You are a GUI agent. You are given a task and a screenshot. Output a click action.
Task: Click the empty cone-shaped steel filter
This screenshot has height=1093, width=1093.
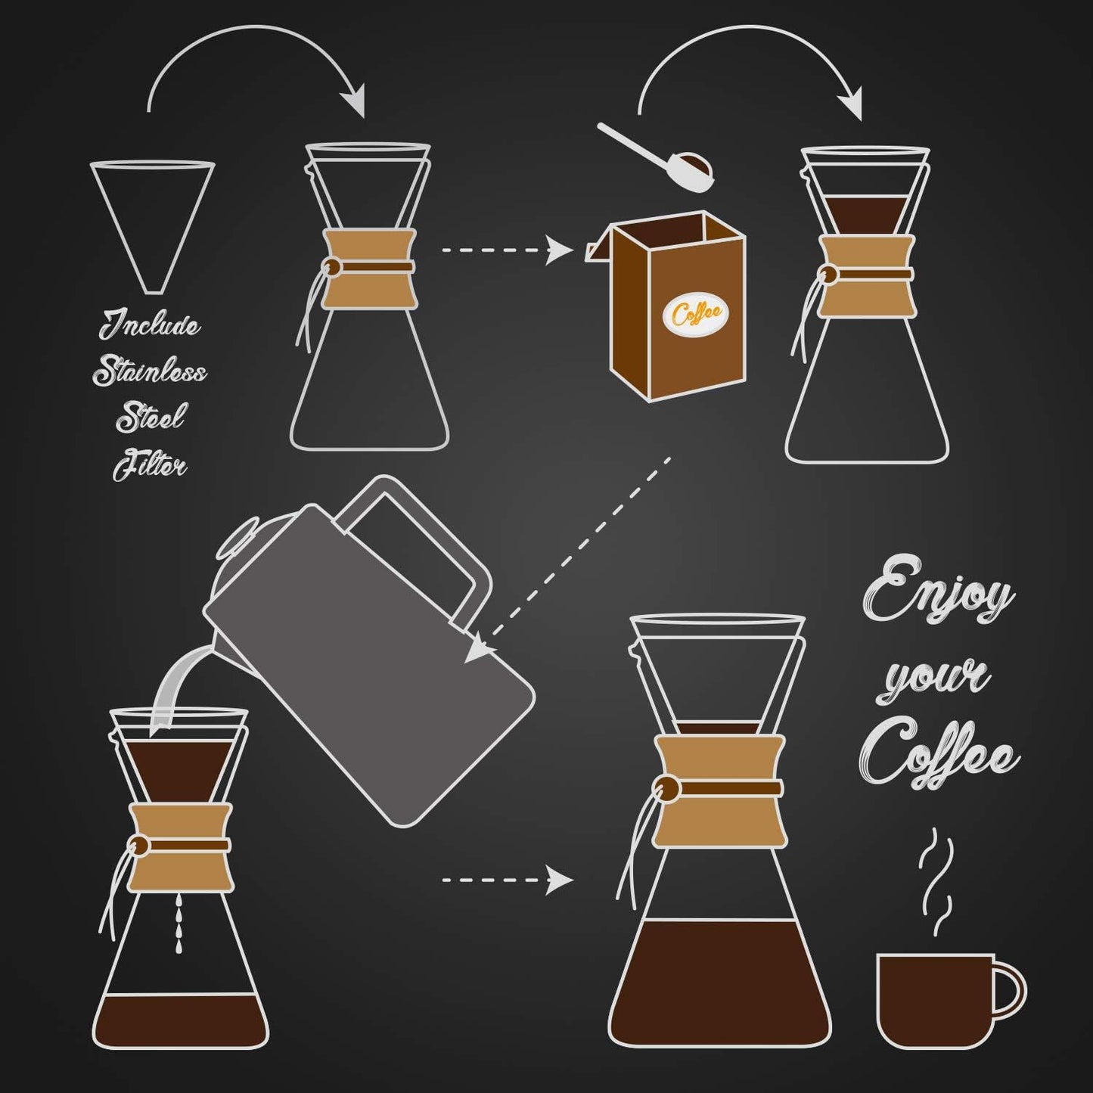tap(152, 219)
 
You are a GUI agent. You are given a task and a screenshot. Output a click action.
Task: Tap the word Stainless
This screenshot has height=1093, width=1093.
tap(150, 372)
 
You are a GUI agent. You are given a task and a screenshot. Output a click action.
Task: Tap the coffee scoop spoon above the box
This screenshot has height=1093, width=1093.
tap(658, 157)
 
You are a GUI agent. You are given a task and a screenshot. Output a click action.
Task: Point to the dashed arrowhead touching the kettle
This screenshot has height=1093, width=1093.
tap(479, 650)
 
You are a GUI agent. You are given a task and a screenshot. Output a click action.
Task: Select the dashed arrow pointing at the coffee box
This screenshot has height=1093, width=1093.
tap(507, 250)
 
